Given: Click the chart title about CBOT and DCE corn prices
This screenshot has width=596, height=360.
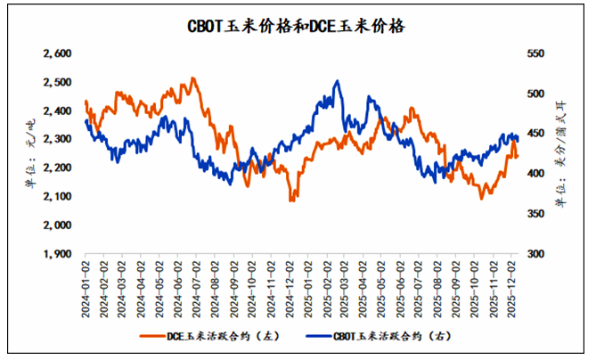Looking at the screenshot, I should pyautogui.click(x=298, y=26).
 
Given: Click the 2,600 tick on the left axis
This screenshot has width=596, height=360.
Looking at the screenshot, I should pyautogui.click(x=57, y=53).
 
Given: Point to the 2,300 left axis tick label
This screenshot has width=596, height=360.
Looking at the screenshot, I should pyautogui.click(x=57, y=139).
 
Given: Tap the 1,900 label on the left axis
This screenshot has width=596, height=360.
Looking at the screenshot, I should pyautogui.click(x=57, y=253).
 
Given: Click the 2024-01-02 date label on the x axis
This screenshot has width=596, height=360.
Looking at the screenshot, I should pyautogui.click(x=86, y=283).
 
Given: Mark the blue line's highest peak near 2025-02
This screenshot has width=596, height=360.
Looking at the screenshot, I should pyautogui.click(x=337, y=81).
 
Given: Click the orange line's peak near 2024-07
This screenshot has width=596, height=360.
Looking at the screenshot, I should pyautogui.click(x=193, y=78).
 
